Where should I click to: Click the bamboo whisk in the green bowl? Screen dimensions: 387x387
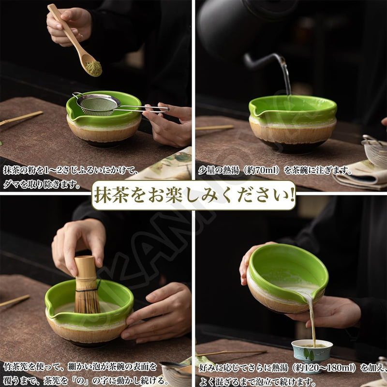click(x=87, y=285)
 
